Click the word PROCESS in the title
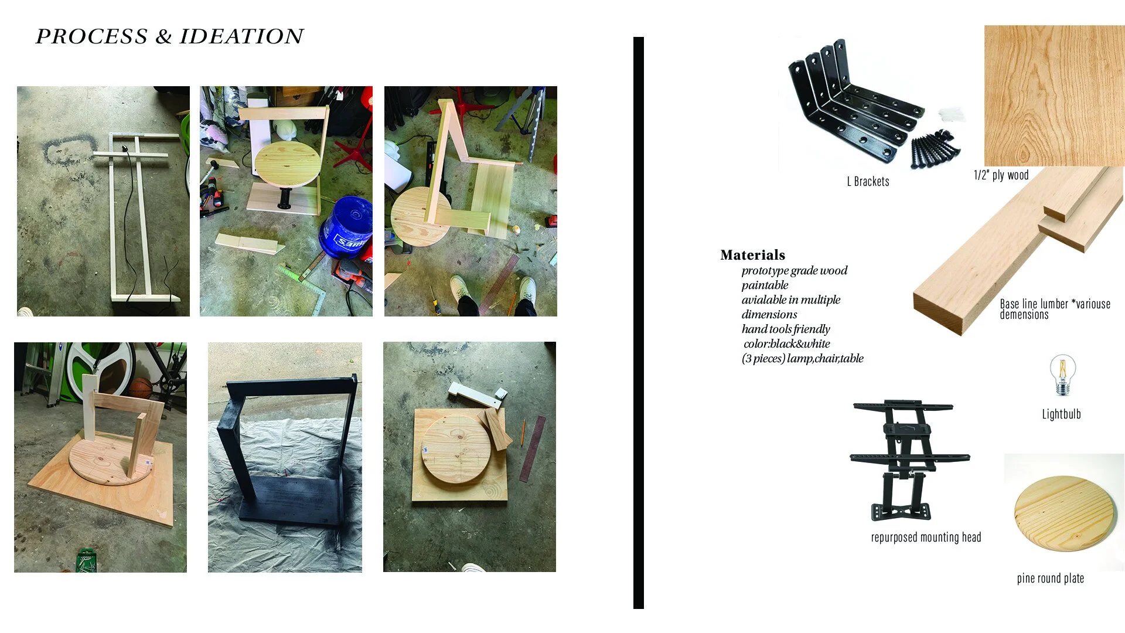(x=91, y=36)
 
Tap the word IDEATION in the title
(x=241, y=36)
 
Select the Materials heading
(x=752, y=255)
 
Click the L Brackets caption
(x=868, y=182)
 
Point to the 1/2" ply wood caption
(x=1001, y=175)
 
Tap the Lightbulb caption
(x=1061, y=414)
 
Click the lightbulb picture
(x=1062, y=375)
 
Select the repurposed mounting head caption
(x=926, y=537)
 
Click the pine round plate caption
(x=1050, y=578)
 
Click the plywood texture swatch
(x=1054, y=95)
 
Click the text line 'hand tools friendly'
(x=786, y=329)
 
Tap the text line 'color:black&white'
(x=786, y=344)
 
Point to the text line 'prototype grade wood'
(x=794, y=271)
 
